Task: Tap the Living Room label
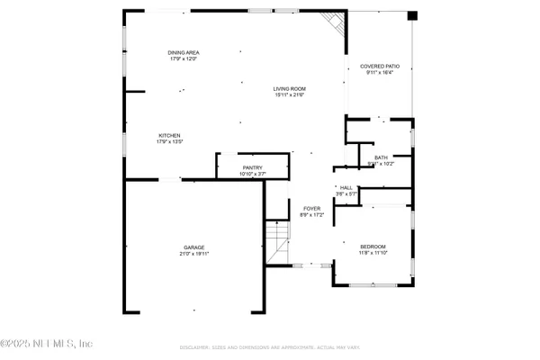coord(291,88)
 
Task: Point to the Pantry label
coord(252,167)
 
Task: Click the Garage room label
coord(194,247)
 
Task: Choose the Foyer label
coord(311,209)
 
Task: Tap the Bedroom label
coord(373,247)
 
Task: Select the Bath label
coord(382,158)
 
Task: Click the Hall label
coord(346,187)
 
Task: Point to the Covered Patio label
coord(379,67)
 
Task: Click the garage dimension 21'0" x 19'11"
coord(194,254)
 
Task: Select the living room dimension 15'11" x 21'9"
coord(291,94)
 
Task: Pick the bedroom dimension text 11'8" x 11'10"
coord(373,253)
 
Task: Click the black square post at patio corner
coord(412,15)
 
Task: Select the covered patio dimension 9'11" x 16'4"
coord(379,73)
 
